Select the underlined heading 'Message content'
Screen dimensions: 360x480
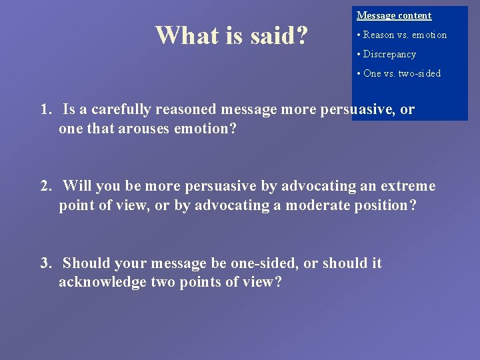[x=394, y=15]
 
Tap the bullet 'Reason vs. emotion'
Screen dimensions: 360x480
[x=402, y=35]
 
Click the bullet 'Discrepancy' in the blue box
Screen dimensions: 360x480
[x=386, y=54]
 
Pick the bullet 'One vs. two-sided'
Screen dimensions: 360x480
[x=399, y=73]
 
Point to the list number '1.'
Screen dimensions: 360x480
[x=46, y=110]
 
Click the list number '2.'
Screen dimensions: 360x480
[x=46, y=186]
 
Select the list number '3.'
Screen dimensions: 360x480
[x=46, y=263]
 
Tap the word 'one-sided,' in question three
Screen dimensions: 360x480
[x=267, y=263]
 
